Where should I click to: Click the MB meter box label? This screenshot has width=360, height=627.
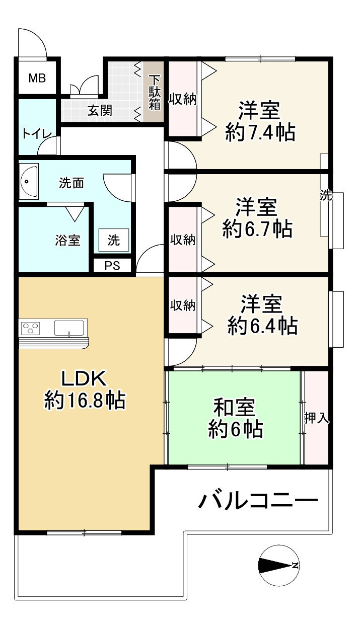tap(37, 78)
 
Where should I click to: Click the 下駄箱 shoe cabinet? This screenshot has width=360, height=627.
tap(154, 92)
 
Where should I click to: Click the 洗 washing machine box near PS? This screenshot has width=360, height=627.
tap(114, 241)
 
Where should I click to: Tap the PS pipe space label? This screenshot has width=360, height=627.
tap(112, 266)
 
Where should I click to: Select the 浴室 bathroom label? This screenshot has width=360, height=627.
tap(67, 240)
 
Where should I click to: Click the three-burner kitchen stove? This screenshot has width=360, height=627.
tap(31, 328)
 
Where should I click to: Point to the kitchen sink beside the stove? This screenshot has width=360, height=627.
tap(69, 328)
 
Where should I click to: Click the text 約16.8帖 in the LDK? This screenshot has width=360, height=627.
tap(85, 401)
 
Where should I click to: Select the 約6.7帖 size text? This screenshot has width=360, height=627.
tap(257, 229)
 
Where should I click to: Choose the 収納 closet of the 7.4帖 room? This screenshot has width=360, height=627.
tap(182, 99)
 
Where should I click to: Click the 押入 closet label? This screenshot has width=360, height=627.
tap(317, 418)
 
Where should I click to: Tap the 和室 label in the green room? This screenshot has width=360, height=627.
tap(235, 407)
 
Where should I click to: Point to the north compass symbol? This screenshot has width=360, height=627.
tap(277, 565)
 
